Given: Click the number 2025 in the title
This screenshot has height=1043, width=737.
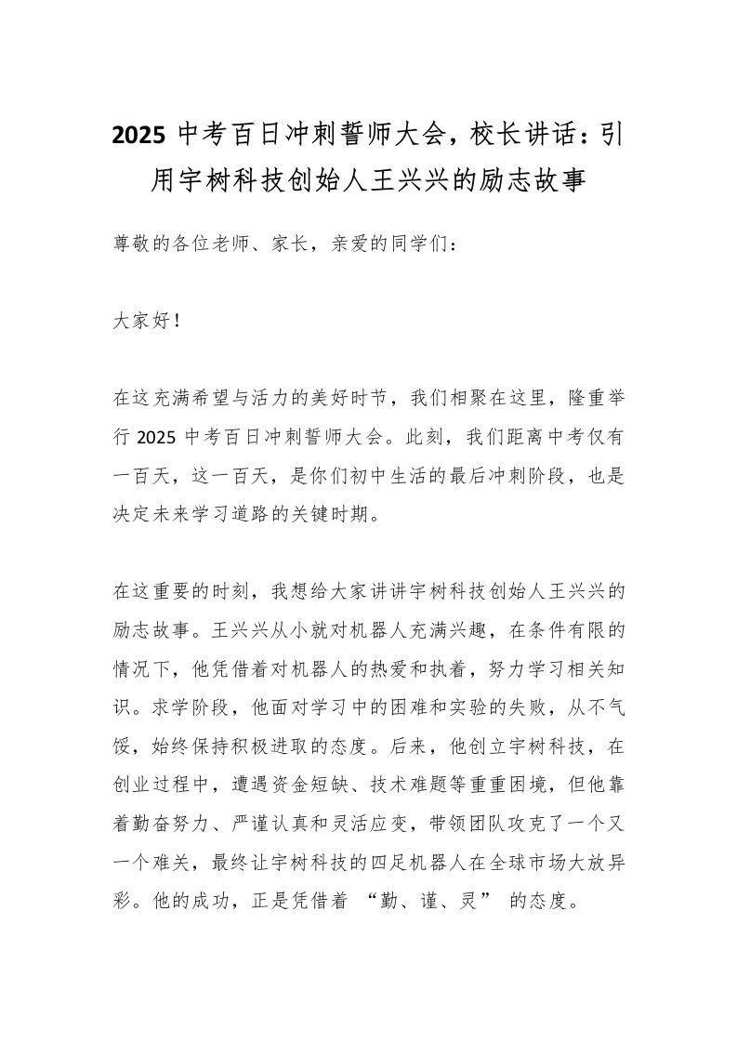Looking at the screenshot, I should coord(138,137).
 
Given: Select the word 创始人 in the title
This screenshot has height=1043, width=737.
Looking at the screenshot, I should coord(383,179).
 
